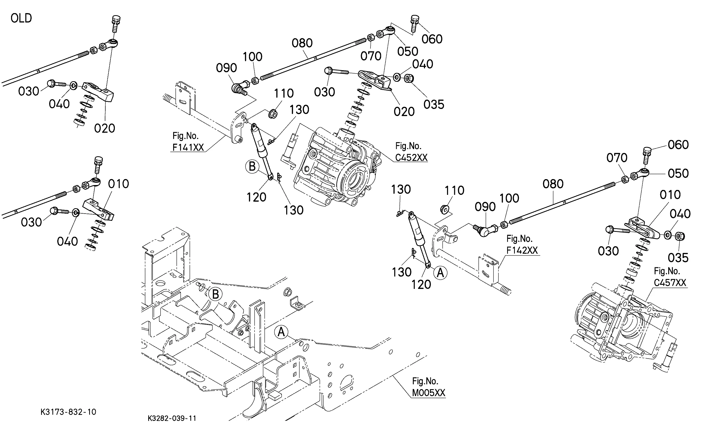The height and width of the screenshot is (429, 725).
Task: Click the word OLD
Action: [x=21, y=18]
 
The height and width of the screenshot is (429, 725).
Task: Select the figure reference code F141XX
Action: [x=188, y=148]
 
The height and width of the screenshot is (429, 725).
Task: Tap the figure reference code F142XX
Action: [x=522, y=250]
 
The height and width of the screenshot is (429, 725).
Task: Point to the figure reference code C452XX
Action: [x=411, y=158]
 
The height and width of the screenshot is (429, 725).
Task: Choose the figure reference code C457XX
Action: [x=670, y=282]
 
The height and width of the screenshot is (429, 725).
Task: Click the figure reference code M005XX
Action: [x=429, y=393]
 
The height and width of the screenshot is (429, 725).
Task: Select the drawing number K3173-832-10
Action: [x=68, y=412]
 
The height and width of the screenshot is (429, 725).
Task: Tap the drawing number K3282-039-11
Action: [x=172, y=418]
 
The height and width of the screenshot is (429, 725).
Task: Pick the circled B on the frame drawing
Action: [x=216, y=295]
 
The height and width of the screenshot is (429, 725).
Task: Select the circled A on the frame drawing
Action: [x=281, y=332]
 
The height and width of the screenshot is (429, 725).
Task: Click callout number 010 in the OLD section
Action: [x=119, y=184]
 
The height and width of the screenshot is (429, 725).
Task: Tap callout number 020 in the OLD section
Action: [x=105, y=128]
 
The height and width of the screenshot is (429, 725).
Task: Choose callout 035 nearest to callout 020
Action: [x=434, y=104]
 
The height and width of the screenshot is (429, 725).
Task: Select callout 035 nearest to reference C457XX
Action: [x=678, y=257]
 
